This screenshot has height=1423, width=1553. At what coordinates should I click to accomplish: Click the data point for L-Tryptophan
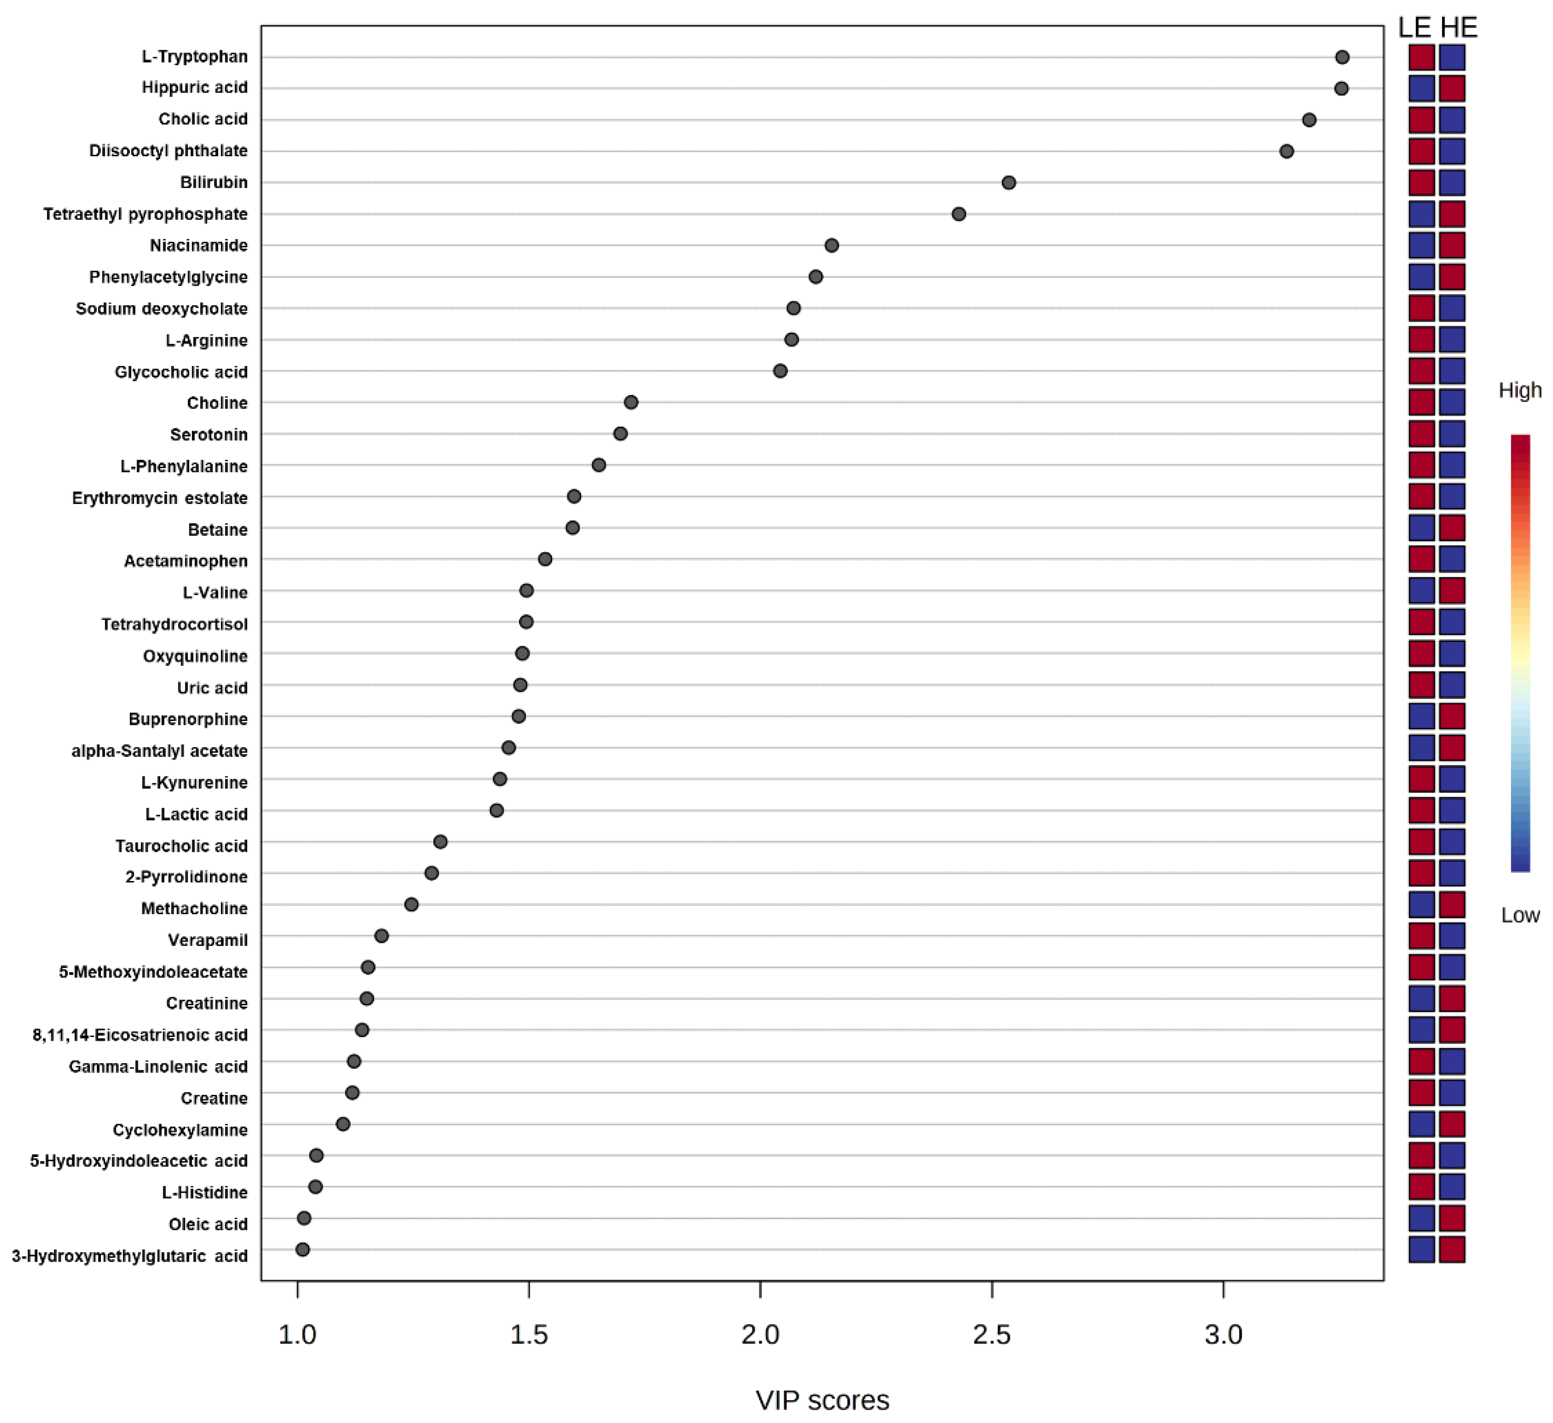coord(1342,57)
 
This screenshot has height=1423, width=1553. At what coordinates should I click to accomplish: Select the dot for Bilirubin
coord(1008,183)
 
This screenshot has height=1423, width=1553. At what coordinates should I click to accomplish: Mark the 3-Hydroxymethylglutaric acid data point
coord(303,1249)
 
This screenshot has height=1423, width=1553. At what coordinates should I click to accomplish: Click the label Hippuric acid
coord(195,88)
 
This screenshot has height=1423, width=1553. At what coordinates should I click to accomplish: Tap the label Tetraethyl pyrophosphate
coord(145,214)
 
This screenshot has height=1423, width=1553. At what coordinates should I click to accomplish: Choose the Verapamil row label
coord(208,940)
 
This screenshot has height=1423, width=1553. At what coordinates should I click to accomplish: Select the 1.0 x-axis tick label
coord(297,1334)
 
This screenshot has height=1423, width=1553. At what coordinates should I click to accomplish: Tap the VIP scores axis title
coord(822,1400)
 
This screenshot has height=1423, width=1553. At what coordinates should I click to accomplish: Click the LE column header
coord(1414,28)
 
